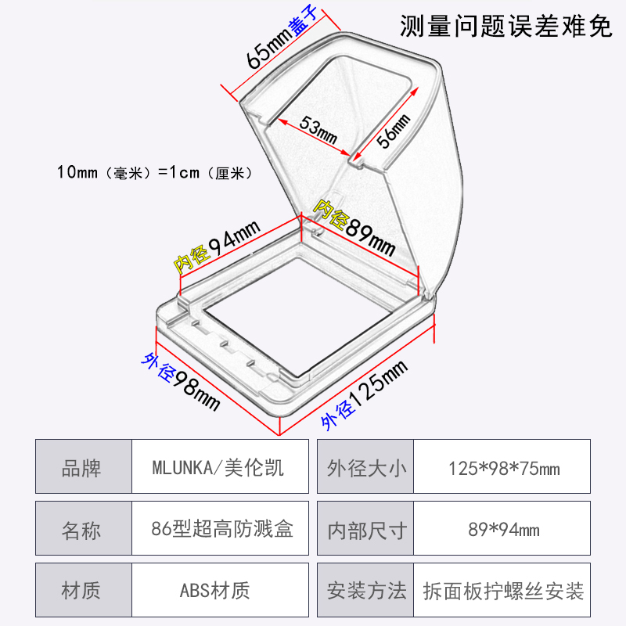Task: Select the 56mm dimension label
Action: coord(394,130)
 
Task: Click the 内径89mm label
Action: coord(354,226)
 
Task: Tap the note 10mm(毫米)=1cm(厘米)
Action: coord(152,172)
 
